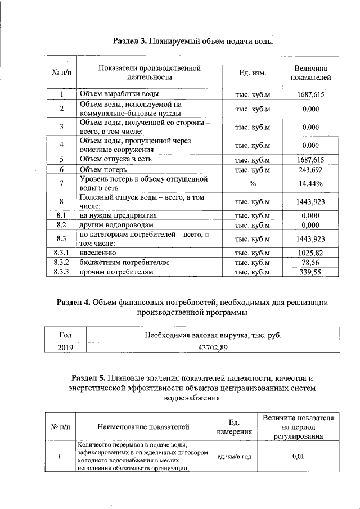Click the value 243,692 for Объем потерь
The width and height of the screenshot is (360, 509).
[310, 169]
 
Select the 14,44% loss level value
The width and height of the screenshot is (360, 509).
[310, 183]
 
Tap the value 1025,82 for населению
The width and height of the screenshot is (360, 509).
[310, 253]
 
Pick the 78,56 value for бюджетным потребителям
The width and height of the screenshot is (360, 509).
[310, 263]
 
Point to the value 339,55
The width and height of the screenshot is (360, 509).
[310, 272]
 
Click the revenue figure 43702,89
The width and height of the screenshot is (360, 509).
[213, 348]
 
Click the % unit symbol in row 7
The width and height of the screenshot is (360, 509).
[253, 183]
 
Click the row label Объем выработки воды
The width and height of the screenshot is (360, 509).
[119, 94]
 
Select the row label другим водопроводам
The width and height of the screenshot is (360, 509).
[116, 225]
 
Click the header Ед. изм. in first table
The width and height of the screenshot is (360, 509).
[253, 73]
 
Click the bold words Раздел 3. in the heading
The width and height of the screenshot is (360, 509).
[130, 41]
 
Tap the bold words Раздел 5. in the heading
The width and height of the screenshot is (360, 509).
[89, 377]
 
